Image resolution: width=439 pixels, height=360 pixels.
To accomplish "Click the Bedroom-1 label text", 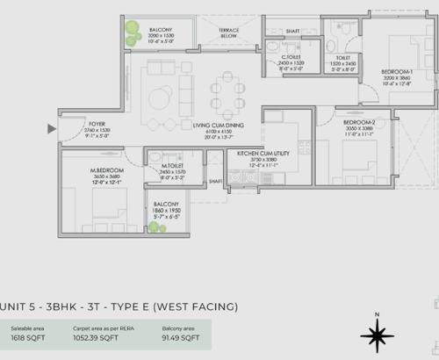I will coord(397,70).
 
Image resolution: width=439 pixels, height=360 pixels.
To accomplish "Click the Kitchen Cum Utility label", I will coord(255,153).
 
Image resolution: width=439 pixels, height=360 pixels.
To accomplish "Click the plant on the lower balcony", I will coord(156,227).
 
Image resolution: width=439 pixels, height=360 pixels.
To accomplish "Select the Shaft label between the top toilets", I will coord(292,30).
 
